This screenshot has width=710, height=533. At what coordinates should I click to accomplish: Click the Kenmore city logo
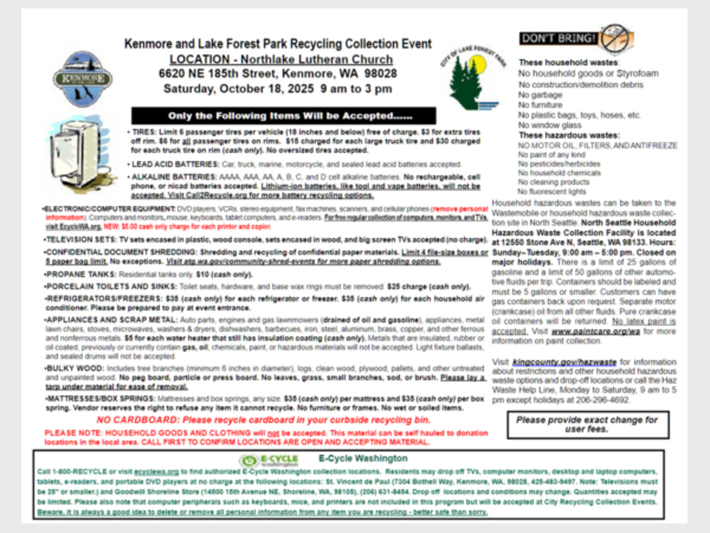tap(82, 78)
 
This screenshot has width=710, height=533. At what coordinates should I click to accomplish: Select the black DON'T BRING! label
tap(558, 38)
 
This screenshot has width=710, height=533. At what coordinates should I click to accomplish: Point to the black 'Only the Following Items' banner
tap(283, 115)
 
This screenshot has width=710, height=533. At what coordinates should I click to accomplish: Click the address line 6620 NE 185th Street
tap(277, 74)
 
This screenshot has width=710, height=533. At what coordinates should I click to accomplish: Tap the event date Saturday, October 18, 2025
tap(277, 89)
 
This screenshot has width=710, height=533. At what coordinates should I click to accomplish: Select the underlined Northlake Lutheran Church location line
tap(280, 59)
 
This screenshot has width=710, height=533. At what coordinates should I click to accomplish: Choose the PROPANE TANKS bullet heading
tap(81, 275)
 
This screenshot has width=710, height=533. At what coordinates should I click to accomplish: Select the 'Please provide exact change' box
tap(587, 424)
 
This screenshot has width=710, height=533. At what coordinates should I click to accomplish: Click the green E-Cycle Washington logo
tap(269, 460)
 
